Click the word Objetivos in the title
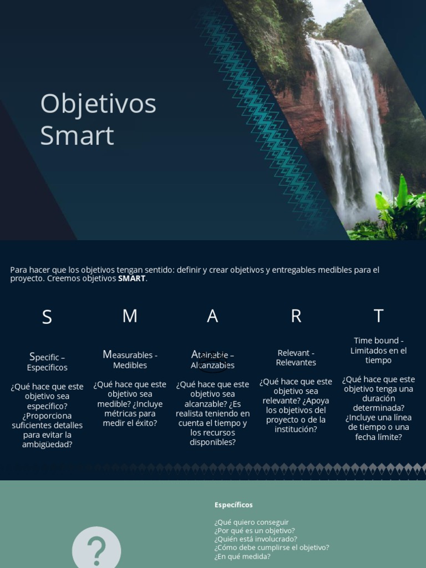coord(98,104)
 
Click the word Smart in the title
coord(77,136)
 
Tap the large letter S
coord(47,317)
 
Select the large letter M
coord(130,316)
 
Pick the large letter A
coord(212,316)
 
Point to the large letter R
coord(296,316)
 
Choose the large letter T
coord(378,316)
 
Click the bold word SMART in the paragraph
coord(131,278)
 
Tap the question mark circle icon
coord(97,549)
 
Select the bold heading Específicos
coord(234,505)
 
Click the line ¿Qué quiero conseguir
coord(251,522)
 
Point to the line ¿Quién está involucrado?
coord(256,539)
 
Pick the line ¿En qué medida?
coord(242,556)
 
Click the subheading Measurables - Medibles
coord(130,360)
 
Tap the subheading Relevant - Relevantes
coord(296,358)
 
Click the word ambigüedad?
coord(47,444)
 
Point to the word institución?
coord(296,429)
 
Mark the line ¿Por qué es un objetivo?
coord(255,530)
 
